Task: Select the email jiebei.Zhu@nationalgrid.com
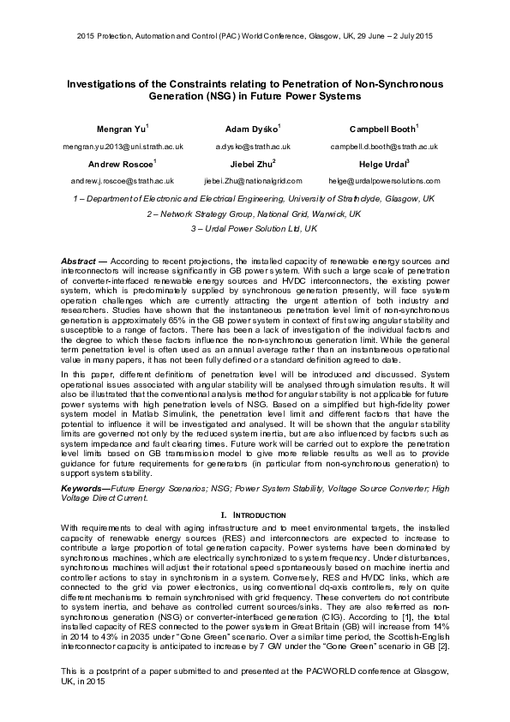(253, 181)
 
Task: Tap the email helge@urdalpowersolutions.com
(384, 181)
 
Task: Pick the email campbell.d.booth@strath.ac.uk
(384, 147)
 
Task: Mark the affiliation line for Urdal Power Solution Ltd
(255, 229)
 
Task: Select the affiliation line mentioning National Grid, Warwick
(255, 214)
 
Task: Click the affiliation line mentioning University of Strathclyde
(255, 198)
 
